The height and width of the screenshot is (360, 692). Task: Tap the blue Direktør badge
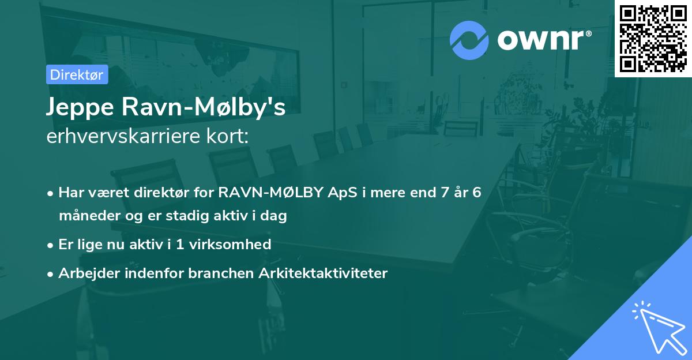coord(77,74)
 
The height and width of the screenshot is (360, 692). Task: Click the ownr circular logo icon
coord(469,40)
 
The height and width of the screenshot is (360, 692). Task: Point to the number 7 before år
coord(443,192)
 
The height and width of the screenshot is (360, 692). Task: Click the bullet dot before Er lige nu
coord(51,245)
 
